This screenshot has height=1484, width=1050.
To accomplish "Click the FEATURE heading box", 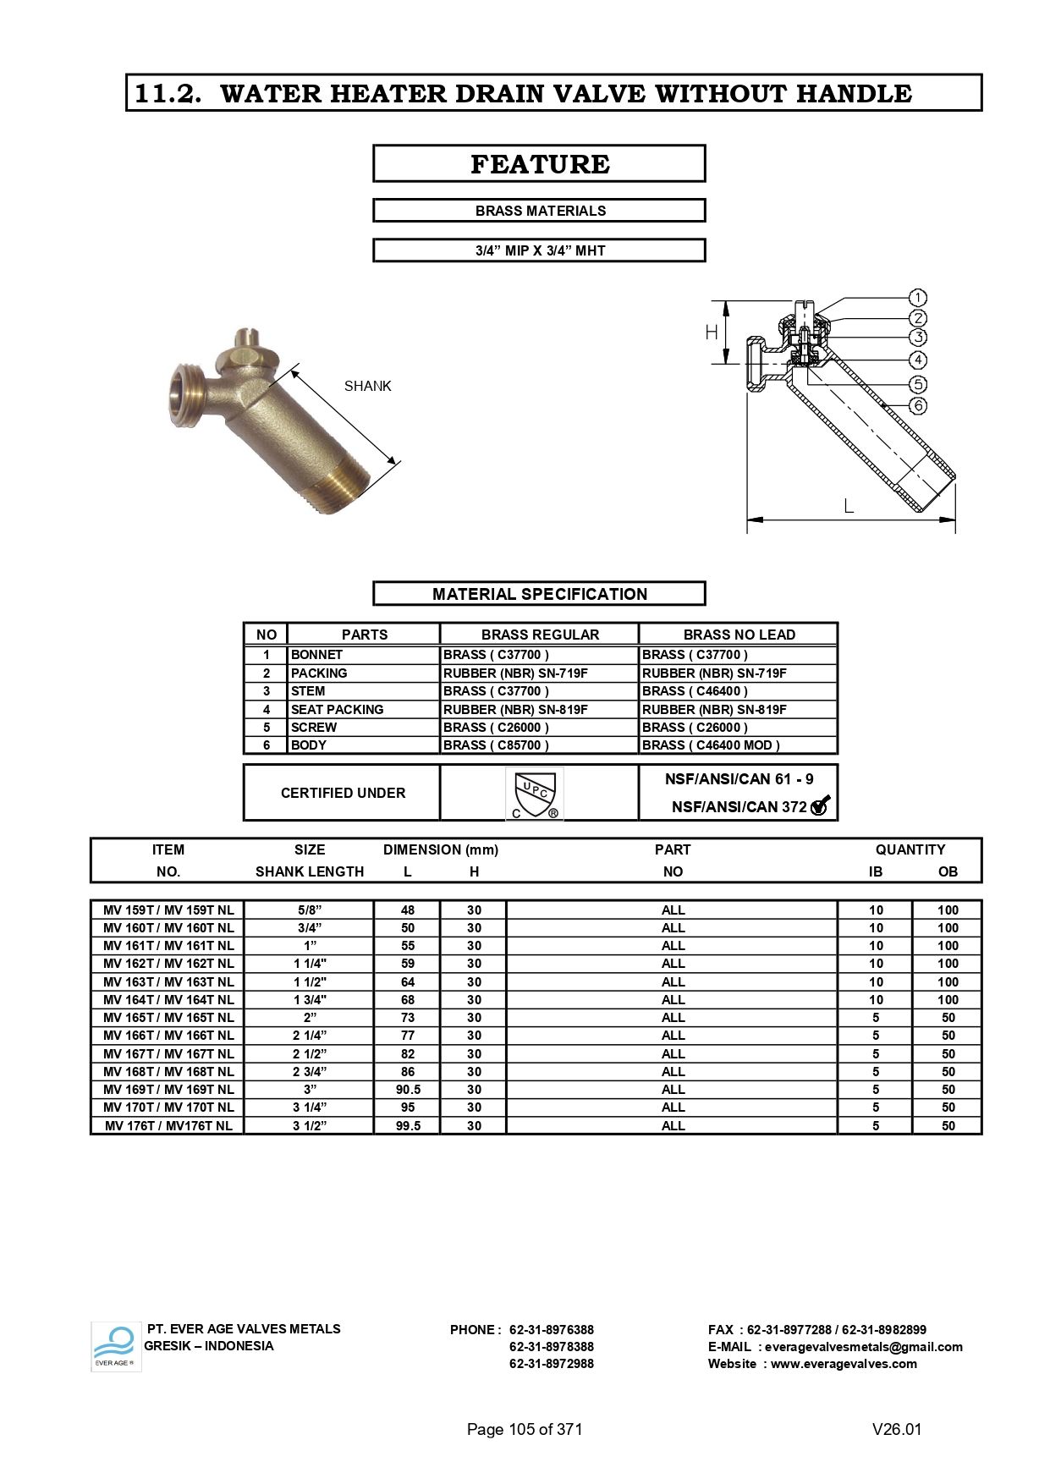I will tap(539, 163).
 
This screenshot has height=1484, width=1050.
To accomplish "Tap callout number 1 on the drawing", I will tap(918, 298).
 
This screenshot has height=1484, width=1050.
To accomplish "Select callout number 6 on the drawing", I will tap(918, 406).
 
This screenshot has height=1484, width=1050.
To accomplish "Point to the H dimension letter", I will tap(712, 333).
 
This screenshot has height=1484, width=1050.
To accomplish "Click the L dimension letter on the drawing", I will tap(849, 507).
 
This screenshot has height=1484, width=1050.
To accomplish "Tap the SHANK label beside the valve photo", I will tap(367, 387).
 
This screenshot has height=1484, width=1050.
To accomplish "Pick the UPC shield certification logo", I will tap(535, 794).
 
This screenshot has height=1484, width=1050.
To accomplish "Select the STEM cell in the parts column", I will tap(308, 691).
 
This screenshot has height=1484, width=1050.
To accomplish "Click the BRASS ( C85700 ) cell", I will tap(496, 745).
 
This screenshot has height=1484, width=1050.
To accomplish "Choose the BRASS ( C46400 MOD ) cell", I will tap(711, 745).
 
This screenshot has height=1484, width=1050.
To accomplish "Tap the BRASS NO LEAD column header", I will tap(739, 635).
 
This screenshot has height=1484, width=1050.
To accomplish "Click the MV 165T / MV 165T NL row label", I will tap(168, 1018).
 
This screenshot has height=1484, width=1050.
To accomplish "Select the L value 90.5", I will tap(408, 1090).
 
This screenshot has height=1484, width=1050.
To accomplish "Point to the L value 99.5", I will tap(408, 1126).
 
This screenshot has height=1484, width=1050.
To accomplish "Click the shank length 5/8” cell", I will tap(310, 910).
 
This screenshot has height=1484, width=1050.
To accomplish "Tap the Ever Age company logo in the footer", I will tap(115, 1346).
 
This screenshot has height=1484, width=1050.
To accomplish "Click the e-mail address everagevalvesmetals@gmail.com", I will tap(863, 1347).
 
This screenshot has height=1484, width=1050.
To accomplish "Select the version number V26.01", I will tap(896, 1429).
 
